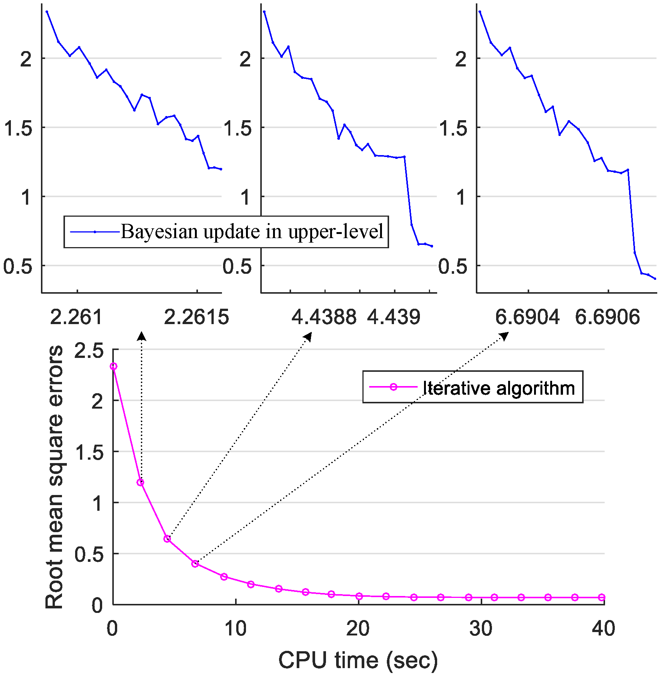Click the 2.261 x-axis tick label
(x=76, y=317)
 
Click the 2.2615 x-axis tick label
(x=196, y=317)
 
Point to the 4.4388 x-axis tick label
(x=324, y=317)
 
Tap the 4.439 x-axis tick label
(x=394, y=317)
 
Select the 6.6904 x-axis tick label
(x=527, y=317)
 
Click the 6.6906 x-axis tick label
(x=607, y=317)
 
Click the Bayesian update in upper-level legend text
(x=252, y=232)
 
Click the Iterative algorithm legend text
(x=499, y=388)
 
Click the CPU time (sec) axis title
(x=358, y=660)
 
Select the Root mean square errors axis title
(x=54, y=477)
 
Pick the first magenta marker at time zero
(x=113, y=366)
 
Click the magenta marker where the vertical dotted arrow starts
(x=140, y=483)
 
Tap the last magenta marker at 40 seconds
(x=602, y=597)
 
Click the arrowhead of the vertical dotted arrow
(x=141, y=335)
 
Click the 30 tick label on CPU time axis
(x=481, y=628)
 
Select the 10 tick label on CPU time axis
(x=235, y=628)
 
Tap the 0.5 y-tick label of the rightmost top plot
(x=453, y=267)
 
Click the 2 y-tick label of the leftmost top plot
(x=26, y=59)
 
